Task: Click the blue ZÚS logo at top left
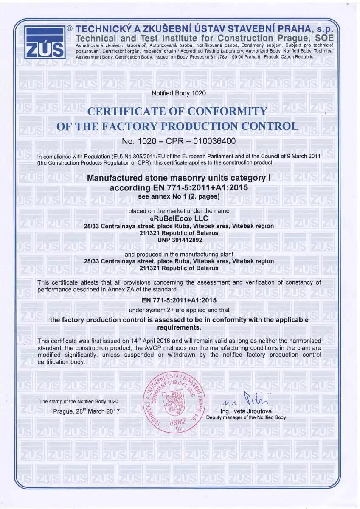point(44,42)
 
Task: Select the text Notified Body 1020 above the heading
point(178,93)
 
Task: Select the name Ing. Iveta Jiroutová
point(246,411)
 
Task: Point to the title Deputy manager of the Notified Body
point(246,417)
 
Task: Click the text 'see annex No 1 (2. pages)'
point(179,196)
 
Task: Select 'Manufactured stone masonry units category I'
point(179,178)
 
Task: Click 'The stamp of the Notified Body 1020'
point(79,401)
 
